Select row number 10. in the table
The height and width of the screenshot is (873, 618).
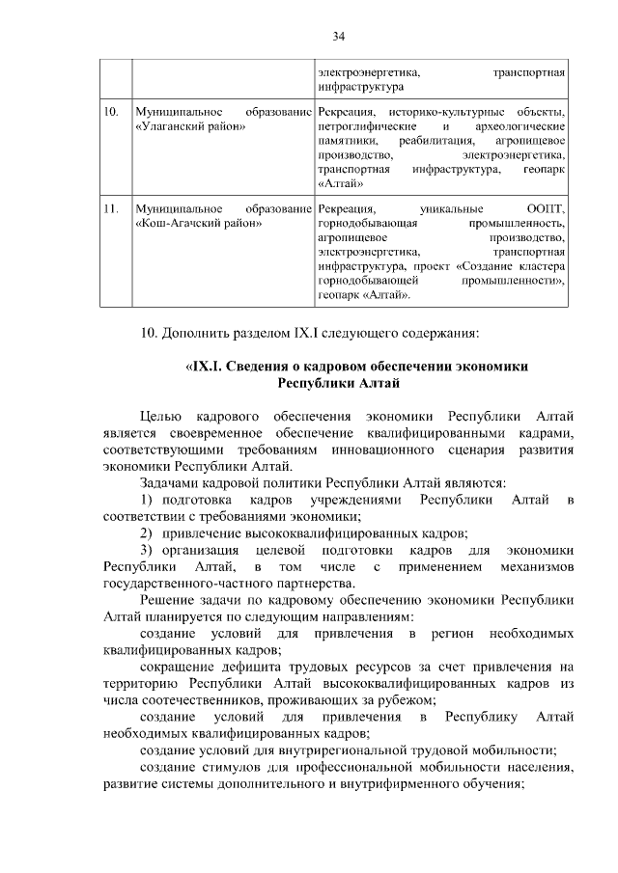click(111, 114)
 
